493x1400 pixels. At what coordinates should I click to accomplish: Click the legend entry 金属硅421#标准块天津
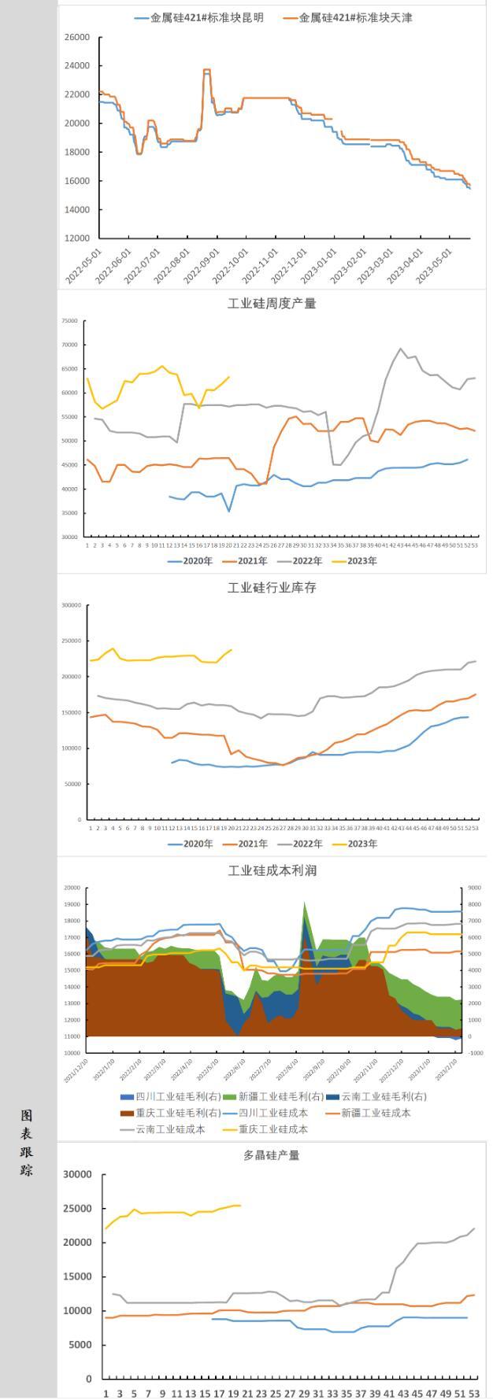coord(355,17)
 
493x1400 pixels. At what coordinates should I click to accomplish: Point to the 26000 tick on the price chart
coord(77,37)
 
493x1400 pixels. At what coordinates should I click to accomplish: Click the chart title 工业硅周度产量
coord(272,304)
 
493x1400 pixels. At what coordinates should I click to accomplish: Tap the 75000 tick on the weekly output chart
coord(70,321)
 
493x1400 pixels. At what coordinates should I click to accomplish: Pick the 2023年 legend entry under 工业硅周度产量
coord(362,561)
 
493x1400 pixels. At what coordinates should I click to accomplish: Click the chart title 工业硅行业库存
coord(272,588)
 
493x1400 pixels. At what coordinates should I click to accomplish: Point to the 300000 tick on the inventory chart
coord(71,605)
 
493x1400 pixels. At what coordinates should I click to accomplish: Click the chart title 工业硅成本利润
coord(272,870)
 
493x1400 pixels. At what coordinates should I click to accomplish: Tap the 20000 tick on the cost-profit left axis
coord(72,888)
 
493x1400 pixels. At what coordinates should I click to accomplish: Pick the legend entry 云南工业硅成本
coord(170,1129)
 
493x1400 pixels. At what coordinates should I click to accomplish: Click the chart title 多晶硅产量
coord(272,1155)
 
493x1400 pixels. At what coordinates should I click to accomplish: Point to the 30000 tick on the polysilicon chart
coord(77,1174)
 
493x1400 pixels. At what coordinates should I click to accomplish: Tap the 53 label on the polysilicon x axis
coord(474,1393)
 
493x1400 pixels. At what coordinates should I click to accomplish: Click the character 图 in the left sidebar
coord(27,1116)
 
